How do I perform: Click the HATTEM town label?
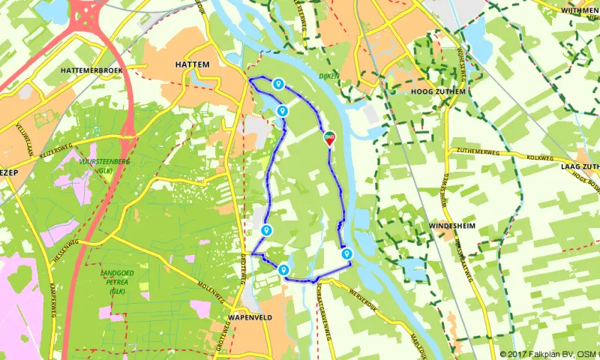[x=191, y=65]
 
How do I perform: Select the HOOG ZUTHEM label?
[x=439, y=91]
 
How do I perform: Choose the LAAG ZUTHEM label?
[x=580, y=166]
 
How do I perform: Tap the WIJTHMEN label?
[x=579, y=10]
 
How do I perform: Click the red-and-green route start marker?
[x=329, y=139]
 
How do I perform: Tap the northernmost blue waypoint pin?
[x=278, y=85]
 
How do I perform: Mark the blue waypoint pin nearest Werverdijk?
[x=346, y=255]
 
